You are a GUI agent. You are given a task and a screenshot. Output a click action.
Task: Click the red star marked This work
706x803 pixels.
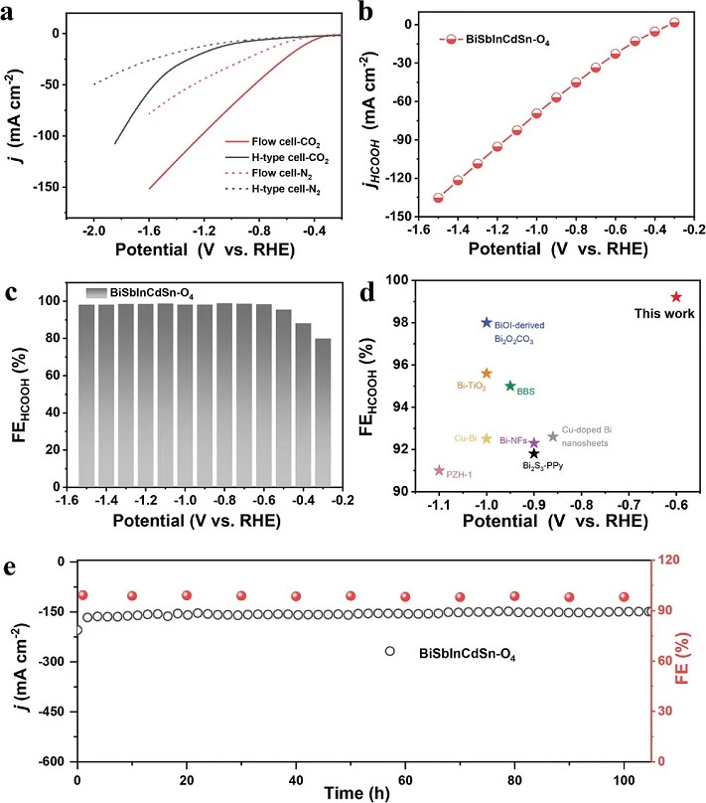click(676, 296)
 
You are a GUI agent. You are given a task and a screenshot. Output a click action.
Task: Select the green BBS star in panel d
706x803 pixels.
click(510, 386)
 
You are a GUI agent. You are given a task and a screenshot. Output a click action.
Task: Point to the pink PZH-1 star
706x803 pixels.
click(439, 470)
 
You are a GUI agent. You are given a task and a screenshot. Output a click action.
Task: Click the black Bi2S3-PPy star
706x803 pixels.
click(534, 453)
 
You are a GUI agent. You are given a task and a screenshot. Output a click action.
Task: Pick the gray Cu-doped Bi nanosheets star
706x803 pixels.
click(553, 436)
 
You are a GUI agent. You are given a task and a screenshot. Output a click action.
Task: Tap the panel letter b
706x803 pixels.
click(365, 13)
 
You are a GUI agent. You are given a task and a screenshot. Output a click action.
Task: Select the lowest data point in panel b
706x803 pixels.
click(438, 198)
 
